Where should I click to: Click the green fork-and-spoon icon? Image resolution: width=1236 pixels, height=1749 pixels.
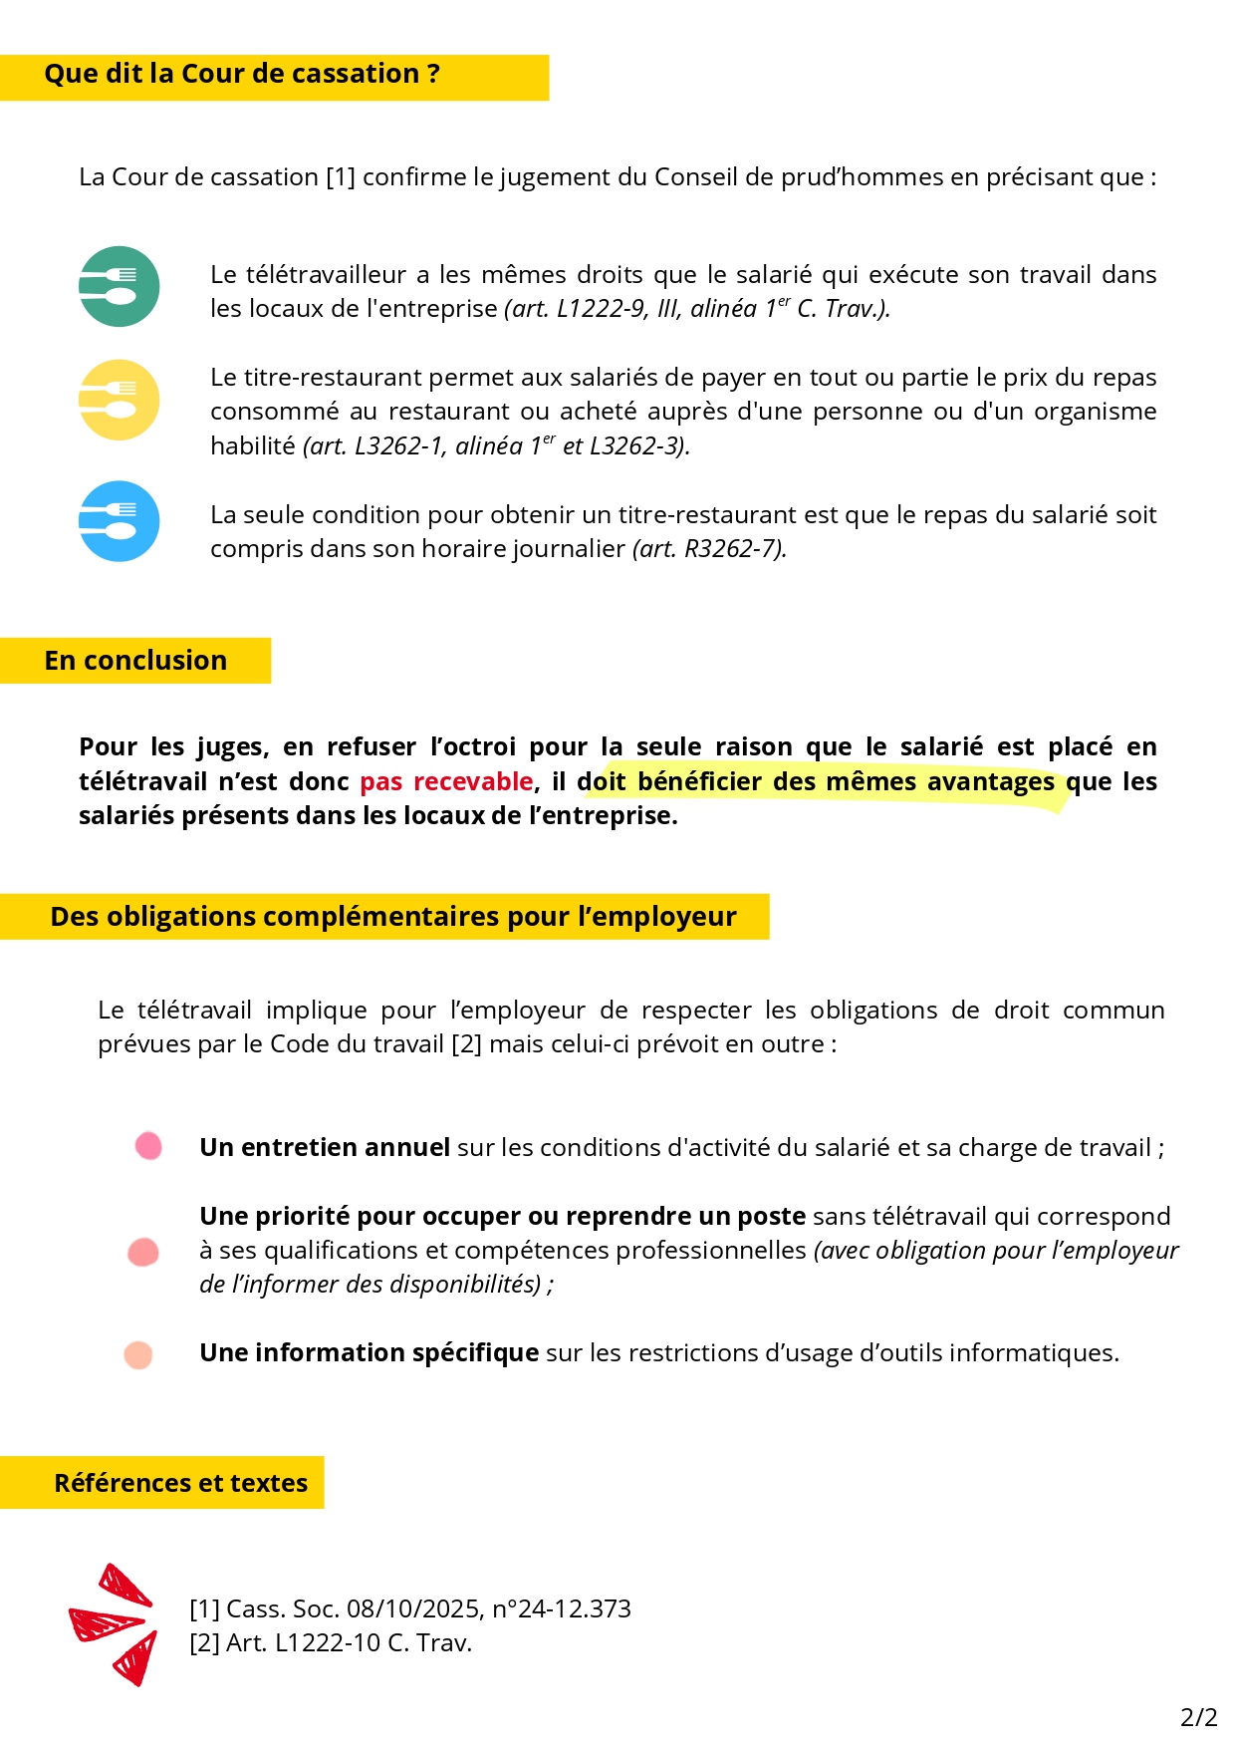point(120,287)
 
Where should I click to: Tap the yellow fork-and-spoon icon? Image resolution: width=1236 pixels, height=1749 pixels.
point(120,400)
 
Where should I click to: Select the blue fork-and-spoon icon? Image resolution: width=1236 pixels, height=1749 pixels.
point(120,521)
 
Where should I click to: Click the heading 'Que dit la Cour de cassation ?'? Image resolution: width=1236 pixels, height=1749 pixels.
point(242,75)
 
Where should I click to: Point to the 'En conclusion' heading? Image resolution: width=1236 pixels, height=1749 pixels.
point(135,661)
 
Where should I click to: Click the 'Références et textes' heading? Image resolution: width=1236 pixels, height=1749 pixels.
point(180,1483)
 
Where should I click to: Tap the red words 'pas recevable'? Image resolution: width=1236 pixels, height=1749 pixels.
point(446,782)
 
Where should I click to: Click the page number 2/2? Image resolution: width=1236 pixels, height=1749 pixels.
point(1198,1717)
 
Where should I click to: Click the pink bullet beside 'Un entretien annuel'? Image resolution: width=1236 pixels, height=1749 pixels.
point(148,1146)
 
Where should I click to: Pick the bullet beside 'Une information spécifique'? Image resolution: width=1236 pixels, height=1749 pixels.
point(138,1354)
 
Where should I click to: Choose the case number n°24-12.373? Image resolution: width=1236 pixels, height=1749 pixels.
point(562,1608)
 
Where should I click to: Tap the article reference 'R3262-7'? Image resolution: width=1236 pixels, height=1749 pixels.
point(732,549)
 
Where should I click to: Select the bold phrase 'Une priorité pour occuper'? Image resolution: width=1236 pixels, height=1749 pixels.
point(360,1217)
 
